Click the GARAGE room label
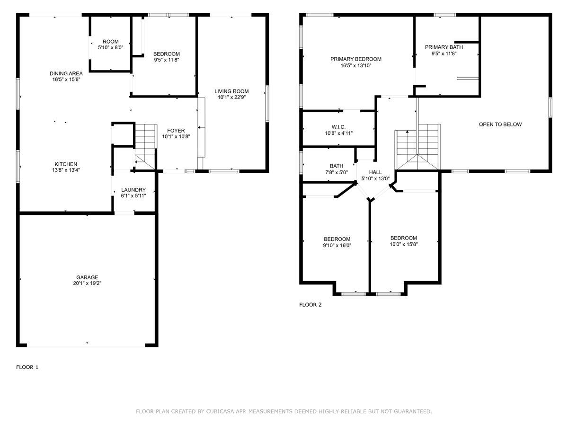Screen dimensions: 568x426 click(87, 277)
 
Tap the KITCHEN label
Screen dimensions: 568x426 click(66, 164)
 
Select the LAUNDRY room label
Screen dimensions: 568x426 click(133, 190)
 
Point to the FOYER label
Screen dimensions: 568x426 click(176, 131)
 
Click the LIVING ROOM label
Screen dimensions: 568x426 click(231, 91)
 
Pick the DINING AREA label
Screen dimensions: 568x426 click(66, 73)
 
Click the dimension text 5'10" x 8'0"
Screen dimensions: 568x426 click(110, 47)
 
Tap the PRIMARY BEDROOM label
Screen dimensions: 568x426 click(356, 59)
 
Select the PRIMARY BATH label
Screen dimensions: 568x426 click(444, 47)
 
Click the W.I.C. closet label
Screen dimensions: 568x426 click(338, 127)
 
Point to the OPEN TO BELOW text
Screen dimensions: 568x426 click(500, 124)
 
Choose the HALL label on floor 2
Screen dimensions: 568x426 click(375, 172)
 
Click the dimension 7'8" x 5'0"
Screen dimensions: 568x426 click(337, 172)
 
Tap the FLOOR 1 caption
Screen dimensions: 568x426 click(27, 367)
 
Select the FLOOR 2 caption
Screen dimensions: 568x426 click(310, 305)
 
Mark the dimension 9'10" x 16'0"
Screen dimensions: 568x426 click(337, 245)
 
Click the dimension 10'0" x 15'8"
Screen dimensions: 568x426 click(404, 244)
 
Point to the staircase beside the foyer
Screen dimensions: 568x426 click(146, 147)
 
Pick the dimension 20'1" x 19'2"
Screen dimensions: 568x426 click(87, 283)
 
